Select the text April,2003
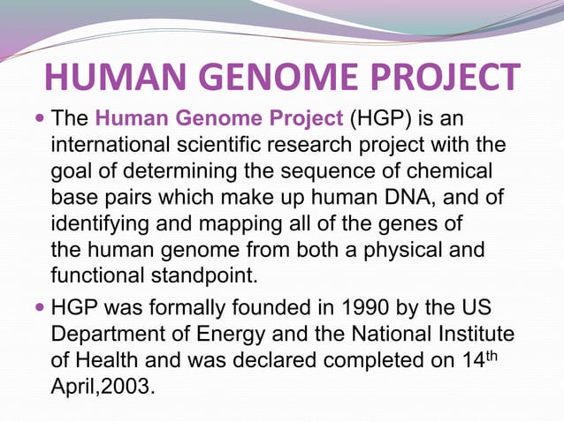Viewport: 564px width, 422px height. [103, 388]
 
